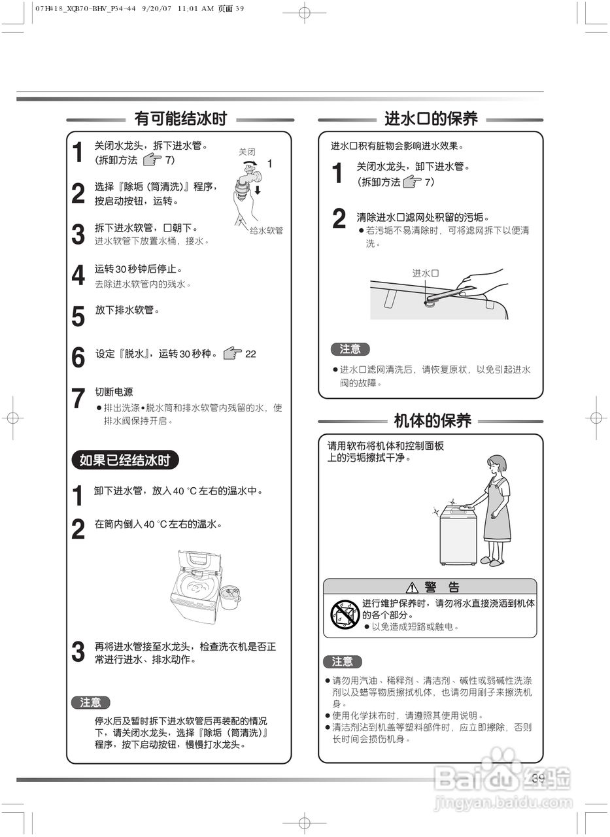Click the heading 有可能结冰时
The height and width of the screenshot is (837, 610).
(x=180, y=118)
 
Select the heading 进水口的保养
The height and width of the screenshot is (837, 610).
(x=431, y=118)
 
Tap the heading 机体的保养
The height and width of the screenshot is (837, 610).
(x=432, y=420)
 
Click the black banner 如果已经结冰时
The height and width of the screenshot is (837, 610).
(x=124, y=460)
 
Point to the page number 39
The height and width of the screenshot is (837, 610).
(x=538, y=778)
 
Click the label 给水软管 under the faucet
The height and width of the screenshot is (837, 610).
(x=266, y=231)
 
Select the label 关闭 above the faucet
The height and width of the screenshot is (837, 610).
(x=246, y=152)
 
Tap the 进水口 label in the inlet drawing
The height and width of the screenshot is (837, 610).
(x=425, y=273)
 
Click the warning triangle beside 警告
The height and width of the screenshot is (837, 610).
(x=412, y=587)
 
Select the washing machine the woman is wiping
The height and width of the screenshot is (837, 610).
(x=457, y=536)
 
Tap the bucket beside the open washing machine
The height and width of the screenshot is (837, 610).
(x=228, y=596)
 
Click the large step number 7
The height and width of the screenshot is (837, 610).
(x=78, y=399)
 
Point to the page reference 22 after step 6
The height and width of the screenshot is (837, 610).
(x=250, y=354)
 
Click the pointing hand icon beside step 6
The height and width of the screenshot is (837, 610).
(x=232, y=354)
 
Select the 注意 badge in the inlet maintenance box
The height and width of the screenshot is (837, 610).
(x=350, y=349)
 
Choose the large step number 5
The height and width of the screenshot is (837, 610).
(x=78, y=316)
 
